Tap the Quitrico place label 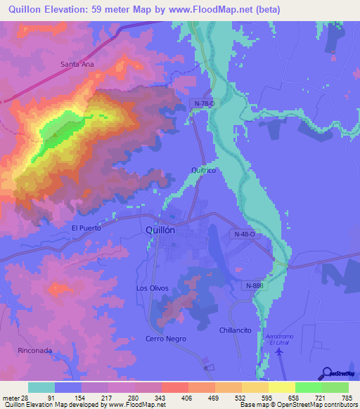[x=203, y=171]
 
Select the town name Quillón [x=169, y=230]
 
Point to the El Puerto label [x=86, y=228]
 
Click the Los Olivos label [x=152, y=289]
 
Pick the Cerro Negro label [x=166, y=339]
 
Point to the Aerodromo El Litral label [x=279, y=340]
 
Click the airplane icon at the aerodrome [x=282, y=353]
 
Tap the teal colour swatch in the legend [x=41, y=387]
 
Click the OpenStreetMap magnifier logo [x=327, y=374]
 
